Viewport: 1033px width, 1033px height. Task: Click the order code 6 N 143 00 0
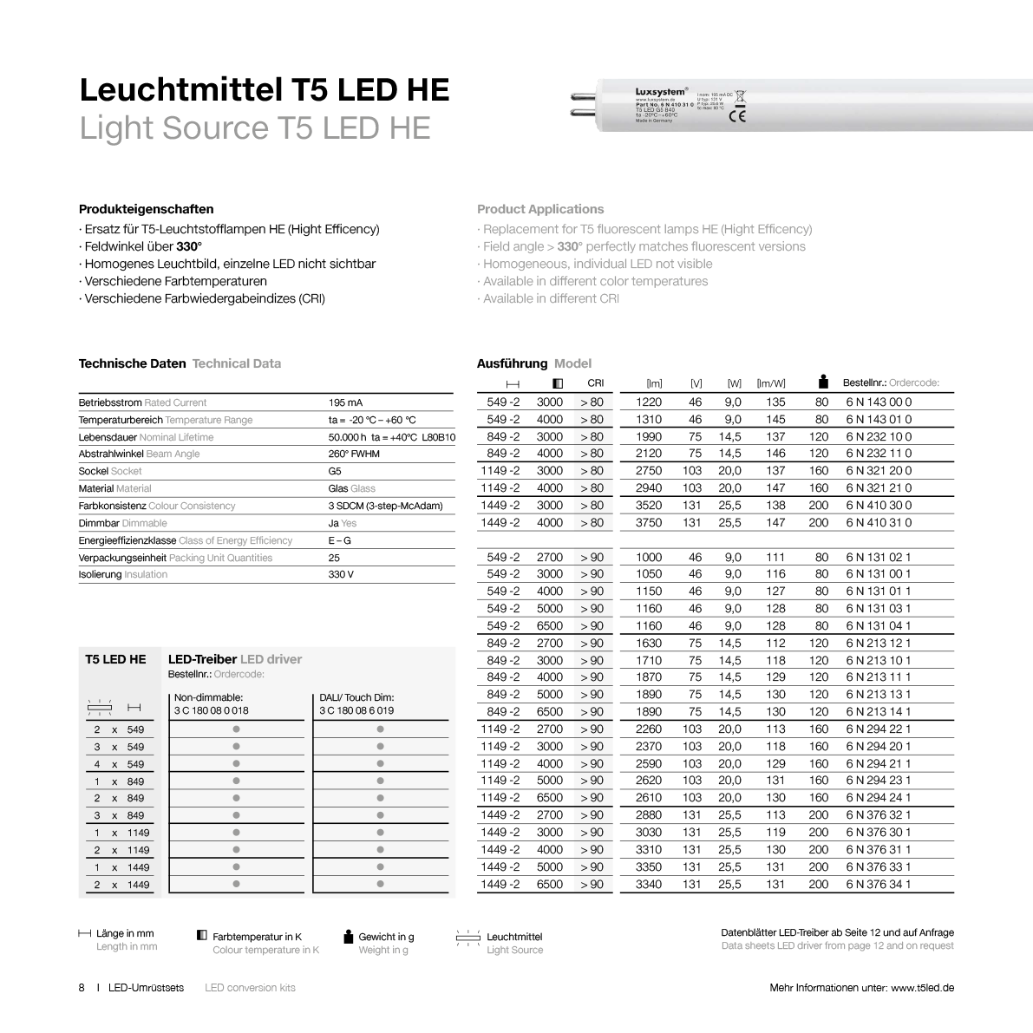coord(879,402)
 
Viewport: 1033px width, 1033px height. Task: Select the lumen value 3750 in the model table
coord(648,522)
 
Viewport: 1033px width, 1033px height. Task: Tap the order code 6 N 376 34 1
coord(879,884)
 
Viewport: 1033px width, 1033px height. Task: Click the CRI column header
coord(596,382)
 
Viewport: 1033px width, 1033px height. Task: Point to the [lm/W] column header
coord(770,383)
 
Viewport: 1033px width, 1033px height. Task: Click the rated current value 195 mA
coord(345,402)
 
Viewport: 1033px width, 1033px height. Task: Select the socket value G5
coord(335,471)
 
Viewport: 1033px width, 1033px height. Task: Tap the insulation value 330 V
coord(341,574)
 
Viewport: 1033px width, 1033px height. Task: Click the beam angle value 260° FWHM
coord(354,454)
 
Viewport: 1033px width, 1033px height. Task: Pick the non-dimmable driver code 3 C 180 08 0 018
coord(211,710)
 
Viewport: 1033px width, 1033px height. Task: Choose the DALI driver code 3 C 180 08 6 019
coord(356,710)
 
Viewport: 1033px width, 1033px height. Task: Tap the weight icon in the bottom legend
coord(349,936)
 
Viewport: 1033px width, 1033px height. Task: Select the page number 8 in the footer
coord(82,988)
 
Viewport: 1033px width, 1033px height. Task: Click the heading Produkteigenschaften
coord(146,209)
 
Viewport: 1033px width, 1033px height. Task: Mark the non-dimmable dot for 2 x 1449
coord(236,884)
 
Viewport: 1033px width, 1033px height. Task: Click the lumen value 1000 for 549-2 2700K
coord(648,557)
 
